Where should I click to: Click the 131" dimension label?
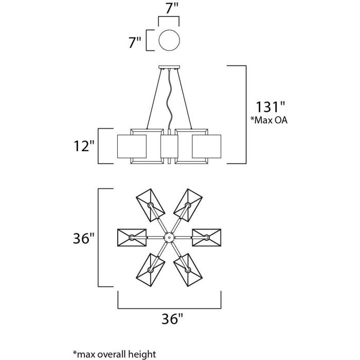[271, 107]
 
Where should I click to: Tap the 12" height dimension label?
[84, 146]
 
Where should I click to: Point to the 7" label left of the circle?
[135, 42]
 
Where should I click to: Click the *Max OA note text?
[268, 120]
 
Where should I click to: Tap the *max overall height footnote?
[114, 354]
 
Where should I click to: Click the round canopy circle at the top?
[169, 40]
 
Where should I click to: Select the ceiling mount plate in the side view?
[169, 67]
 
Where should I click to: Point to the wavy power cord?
[169, 99]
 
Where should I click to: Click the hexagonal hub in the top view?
[169, 237]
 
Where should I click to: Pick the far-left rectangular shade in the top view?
[132, 238]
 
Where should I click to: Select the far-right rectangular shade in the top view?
[207, 238]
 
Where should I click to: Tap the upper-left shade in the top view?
[151, 205]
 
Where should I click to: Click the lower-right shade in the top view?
[188, 270]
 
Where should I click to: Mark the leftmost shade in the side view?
[132, 147]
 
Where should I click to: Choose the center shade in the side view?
[169, 147]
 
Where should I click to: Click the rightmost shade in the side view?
[207, 147]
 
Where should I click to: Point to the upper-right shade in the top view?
[188, 205]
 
